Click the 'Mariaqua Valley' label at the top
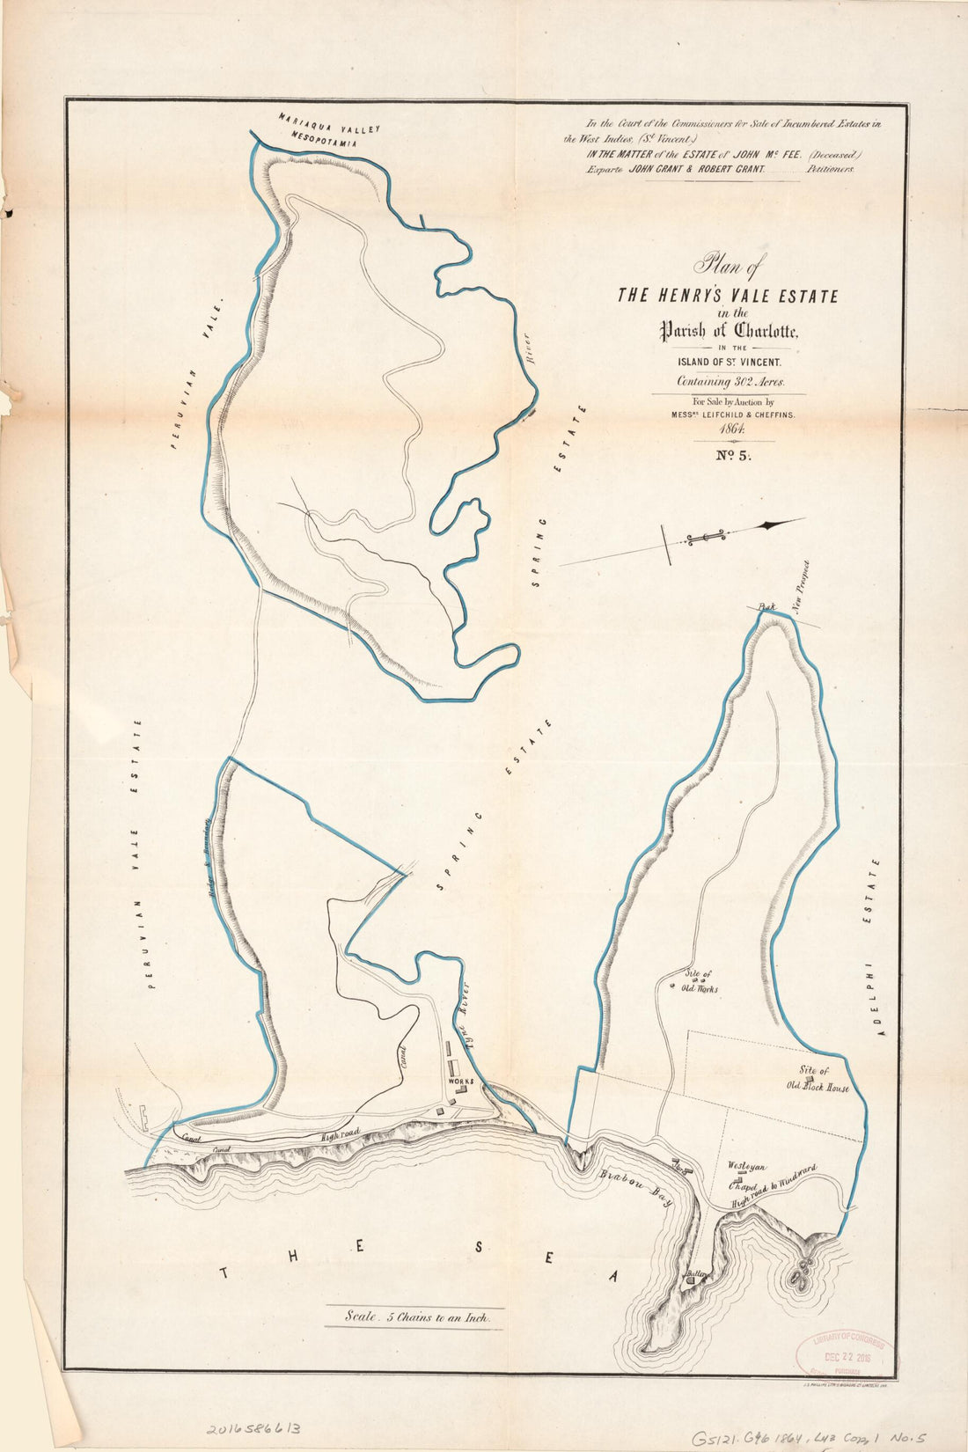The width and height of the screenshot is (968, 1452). pyautogui.click(x=330, y=121)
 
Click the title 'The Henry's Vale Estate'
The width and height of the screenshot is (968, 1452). pyautogui.click(x=727, y=296)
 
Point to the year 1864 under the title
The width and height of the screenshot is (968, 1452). pyautogui.click(x=733, y=429)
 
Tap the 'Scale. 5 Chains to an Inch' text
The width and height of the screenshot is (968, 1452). pyautogui.click(x=414, y=1318)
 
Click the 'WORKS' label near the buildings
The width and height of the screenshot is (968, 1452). pyautogui.click(x=461, y=1081)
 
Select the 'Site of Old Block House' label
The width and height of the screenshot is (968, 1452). pyautogui.click(x=818, y=1079)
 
